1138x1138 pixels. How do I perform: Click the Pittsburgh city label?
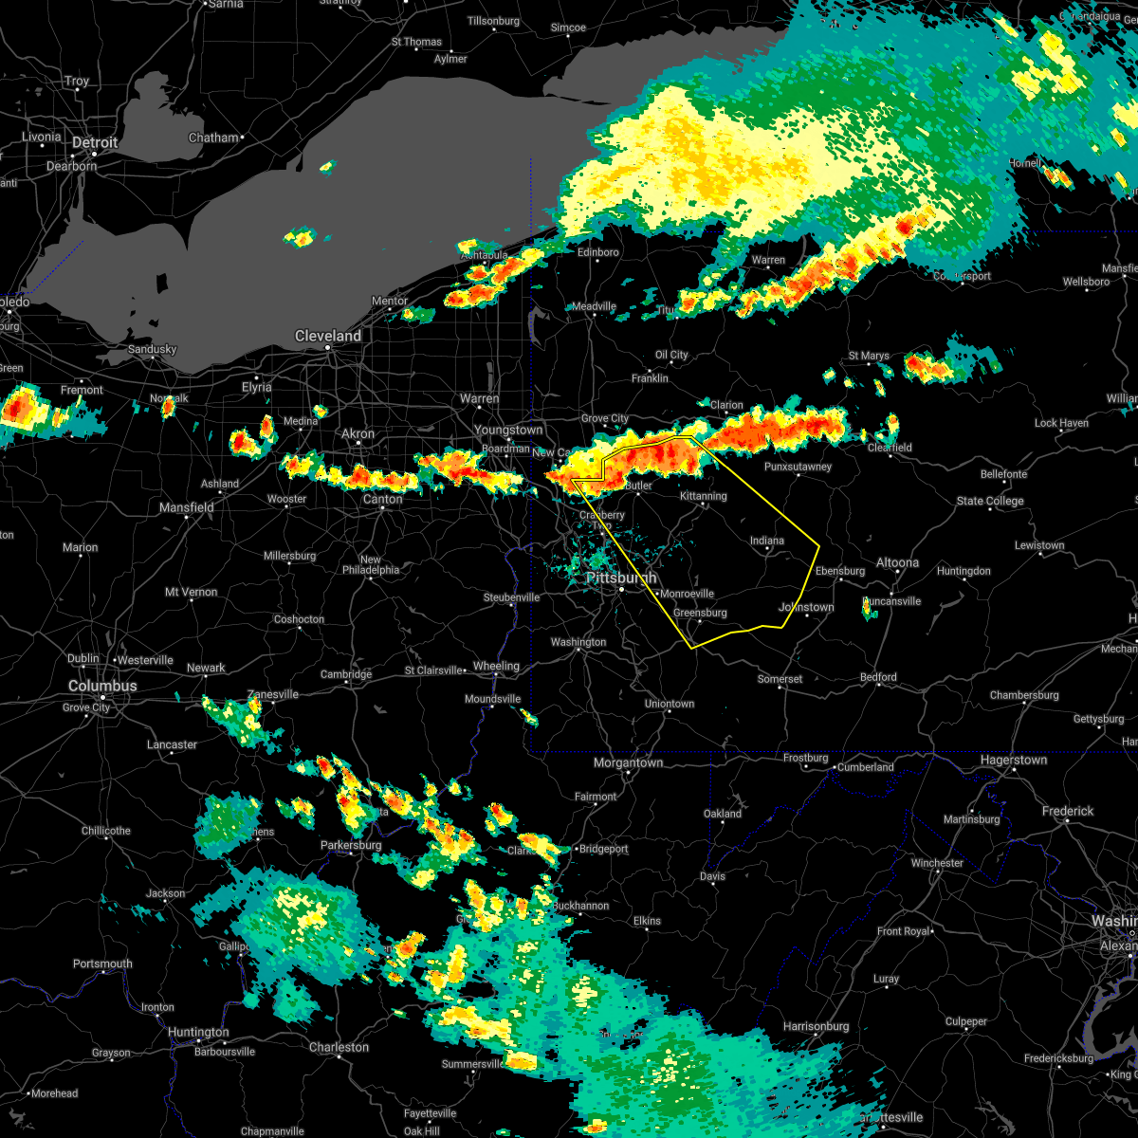[620, 578]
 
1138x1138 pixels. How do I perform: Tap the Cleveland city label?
[327, 336]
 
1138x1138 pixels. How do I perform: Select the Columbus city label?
[102, 686]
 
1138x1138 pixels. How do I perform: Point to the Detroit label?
[95, 142]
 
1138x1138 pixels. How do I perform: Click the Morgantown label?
[628, 762]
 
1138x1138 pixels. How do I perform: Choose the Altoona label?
[897, 562]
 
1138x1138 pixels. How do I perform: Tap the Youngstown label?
[508, 430]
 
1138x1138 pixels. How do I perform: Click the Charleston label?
[339, 1047]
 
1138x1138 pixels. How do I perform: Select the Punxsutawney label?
[798, 467]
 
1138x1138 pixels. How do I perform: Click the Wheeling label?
[496, 666]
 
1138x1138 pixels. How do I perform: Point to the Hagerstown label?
[1014, 760]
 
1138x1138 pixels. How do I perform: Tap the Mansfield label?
[187, 507]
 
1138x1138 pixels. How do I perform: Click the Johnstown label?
[806, 607]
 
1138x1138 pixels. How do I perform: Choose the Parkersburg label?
[351, 845]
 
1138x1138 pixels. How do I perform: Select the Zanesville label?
[272, 694]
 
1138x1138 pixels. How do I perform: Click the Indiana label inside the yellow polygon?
[767, 541]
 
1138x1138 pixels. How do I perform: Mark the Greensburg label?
[700, 613]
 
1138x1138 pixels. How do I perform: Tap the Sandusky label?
[153, 349]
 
